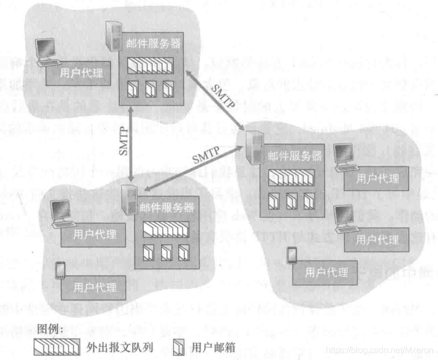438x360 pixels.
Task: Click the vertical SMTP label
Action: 123,142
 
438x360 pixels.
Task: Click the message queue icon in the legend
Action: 57,347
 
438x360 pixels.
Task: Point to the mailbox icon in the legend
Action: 179,347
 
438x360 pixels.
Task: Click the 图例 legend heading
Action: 51,330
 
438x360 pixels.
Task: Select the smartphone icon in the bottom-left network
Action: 61,270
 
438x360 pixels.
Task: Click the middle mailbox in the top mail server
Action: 151,88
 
